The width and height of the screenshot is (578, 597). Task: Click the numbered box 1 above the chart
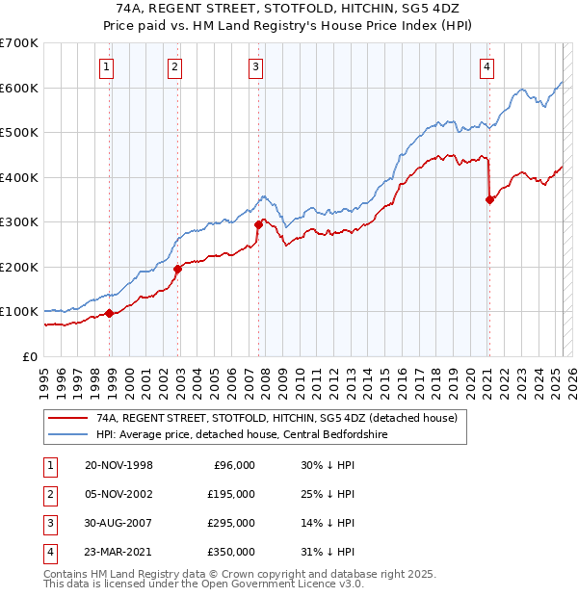(x=105, y=66)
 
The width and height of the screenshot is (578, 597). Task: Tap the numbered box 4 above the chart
(x=487, y=66)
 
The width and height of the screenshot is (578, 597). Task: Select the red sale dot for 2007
(x=258, y=224)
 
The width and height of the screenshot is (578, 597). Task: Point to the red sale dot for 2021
(x=489, y=200)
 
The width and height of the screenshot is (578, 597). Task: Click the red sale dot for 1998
(x=110, y=313)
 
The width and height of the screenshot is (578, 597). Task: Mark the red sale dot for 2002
(x=177, y=269)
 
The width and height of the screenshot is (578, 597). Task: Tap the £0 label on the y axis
(x=29, y=356)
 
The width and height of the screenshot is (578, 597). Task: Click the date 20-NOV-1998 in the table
(x=118, y=465)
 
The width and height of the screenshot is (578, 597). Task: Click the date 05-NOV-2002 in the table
(x=118, y=494)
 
